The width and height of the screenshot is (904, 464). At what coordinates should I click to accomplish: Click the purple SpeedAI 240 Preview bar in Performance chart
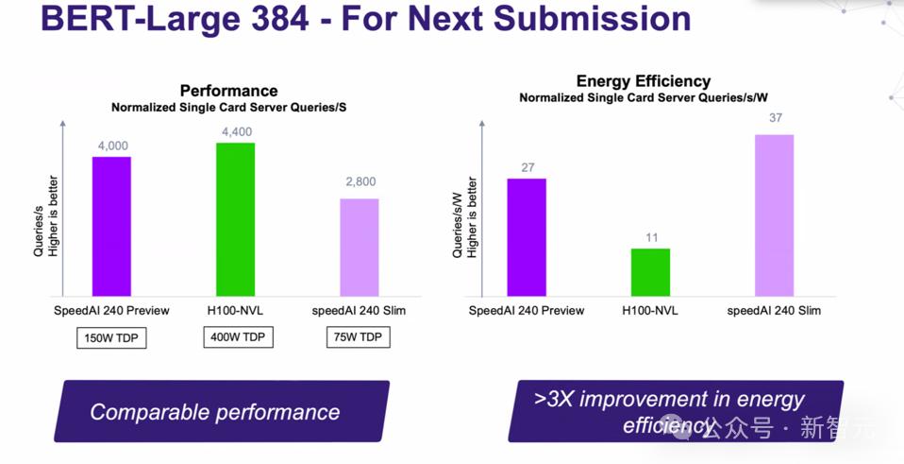(111, 227)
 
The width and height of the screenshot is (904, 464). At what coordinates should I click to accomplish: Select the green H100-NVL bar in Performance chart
(235, 219)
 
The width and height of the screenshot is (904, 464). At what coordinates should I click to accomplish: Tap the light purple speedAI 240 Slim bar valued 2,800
(359, 248)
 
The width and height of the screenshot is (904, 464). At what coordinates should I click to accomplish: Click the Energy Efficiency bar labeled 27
(527, 237)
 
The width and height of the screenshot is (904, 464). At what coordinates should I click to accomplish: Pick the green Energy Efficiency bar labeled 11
(650, 272)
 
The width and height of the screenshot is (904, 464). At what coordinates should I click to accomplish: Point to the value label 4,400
(236, 132)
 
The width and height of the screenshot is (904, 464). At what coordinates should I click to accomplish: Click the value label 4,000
(112, 146)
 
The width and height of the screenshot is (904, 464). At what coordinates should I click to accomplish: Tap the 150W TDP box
(111, 337)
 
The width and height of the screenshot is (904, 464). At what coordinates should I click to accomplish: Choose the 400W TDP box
(238, 337)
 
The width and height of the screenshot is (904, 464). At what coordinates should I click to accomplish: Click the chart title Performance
(228, 91)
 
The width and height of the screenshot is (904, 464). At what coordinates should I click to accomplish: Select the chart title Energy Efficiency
(644, 81)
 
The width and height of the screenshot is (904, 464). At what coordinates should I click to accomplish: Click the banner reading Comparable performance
(222, 411)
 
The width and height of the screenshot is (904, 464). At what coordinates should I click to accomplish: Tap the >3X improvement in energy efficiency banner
(675, 411)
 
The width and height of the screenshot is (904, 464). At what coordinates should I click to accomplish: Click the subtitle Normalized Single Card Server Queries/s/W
(644, 98)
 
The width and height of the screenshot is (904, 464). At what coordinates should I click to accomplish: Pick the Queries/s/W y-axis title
(458, 225)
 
